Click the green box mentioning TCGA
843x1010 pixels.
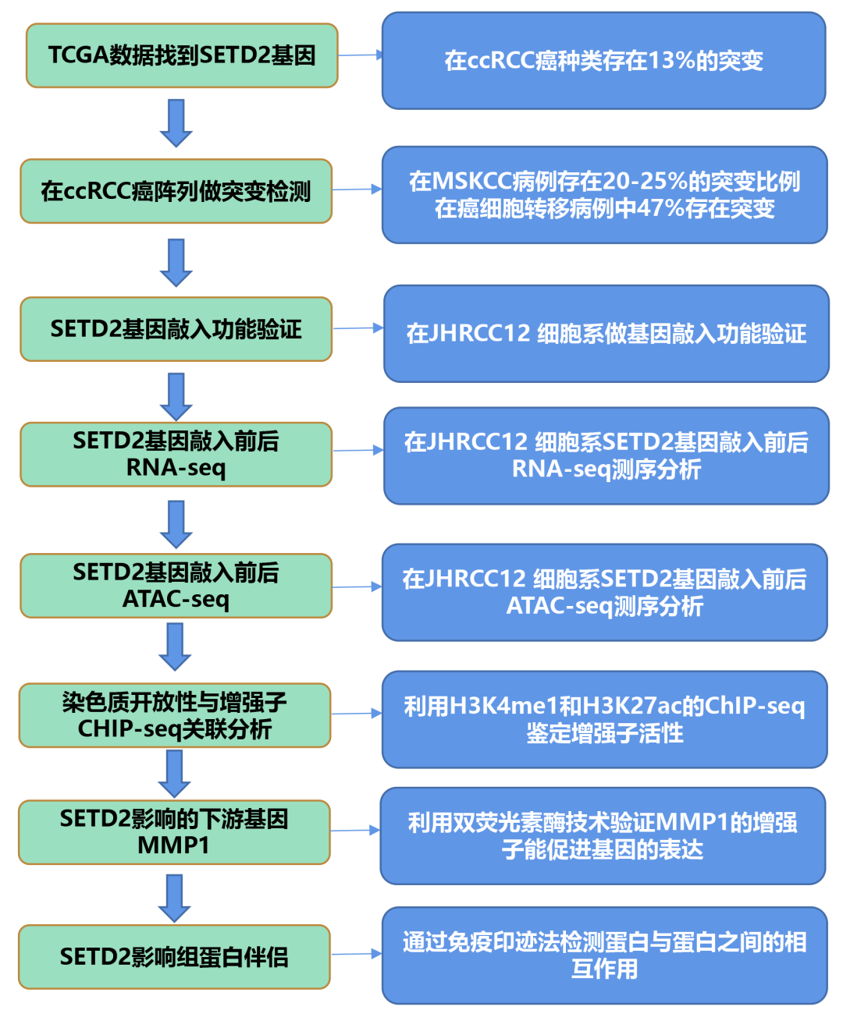(182, 55)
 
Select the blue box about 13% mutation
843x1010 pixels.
(603, 61)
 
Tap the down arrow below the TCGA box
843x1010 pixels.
(176, 123)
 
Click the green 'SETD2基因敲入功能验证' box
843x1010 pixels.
(176, 329)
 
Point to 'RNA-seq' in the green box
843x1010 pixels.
(176, 468)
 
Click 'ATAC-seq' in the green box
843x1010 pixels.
(176, 599)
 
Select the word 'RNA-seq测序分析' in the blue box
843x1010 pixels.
(606, 470)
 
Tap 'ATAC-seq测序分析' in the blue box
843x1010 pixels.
(605, 606)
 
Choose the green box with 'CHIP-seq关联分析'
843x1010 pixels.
(175, 716)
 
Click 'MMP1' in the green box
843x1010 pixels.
(173, 845)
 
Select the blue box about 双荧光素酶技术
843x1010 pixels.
(603, 835)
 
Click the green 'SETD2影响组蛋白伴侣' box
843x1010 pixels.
(174, 957)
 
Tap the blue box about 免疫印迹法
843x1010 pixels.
(604, 955)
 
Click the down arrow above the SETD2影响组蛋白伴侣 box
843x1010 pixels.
(175, 898)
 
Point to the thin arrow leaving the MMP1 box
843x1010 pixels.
(355, 831)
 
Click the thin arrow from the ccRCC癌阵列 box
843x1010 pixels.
(357, 190)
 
